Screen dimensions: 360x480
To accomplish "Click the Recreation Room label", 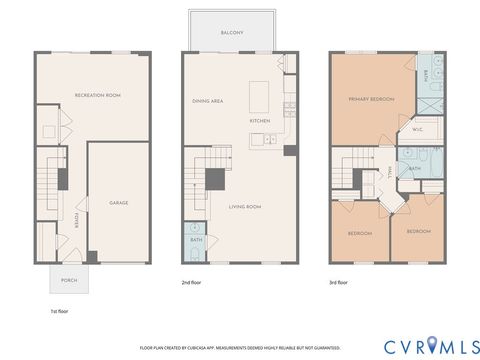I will coord(98,95).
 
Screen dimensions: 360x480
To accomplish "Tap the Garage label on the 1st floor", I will coord(119,203).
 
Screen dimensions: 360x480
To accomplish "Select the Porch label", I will coord(69,280).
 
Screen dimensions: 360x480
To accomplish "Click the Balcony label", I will coord(232,33).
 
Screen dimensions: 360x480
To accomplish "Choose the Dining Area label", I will coord(208,102).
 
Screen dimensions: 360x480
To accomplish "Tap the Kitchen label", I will coord(260,121).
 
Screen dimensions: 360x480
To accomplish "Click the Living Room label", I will coord(246,207).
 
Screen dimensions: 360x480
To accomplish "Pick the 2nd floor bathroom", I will coord(196,241).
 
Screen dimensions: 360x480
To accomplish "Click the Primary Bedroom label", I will coord(371,99).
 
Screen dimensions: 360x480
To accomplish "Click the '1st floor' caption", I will coord(60,312).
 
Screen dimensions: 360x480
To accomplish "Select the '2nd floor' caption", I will coord(193,283).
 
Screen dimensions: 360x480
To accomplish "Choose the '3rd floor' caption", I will coord(340,283).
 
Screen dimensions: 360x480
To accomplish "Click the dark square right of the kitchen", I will coord(289,150).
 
